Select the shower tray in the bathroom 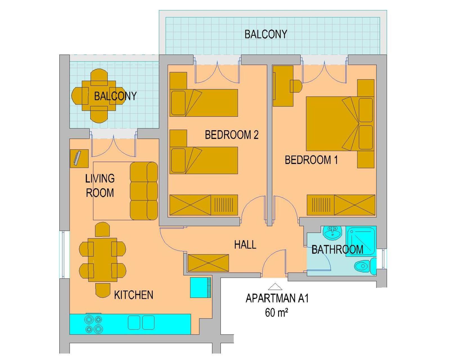pos(361,241)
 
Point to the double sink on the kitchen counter pos(141,322)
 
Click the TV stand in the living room pos(79,159)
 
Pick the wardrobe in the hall pos(208,263)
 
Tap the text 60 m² pos(276,313)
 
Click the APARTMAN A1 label pos(277,298)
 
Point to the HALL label pos(245,244)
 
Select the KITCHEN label pos(134,295)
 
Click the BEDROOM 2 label pos(231,135)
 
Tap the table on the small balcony pos(99,96)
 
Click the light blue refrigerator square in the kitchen pos(201,287)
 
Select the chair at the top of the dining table pos(102,230)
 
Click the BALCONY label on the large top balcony pos(266,34)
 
